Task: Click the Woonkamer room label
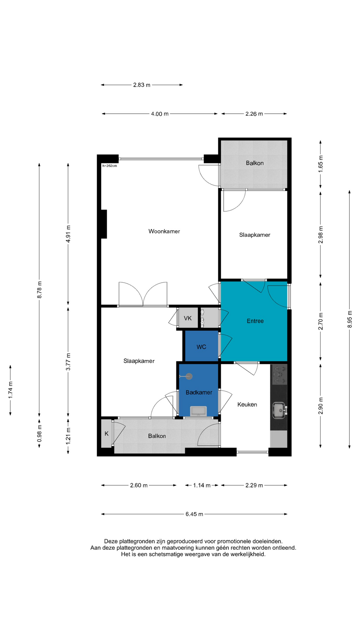(x=164, y=231)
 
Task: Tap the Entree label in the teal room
(x=255, y=321)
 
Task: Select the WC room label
(x=201, y=347)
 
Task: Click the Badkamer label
(x=199, y=392)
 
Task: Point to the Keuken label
(x=247, y=404)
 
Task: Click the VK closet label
(x=188, y=318)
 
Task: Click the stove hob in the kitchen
(x=280, y=375)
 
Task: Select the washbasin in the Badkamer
(x=198, y=411)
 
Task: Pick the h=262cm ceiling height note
(x=110, y=166)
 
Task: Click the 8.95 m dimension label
(x=350, y=319)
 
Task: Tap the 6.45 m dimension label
(x=194, y=514)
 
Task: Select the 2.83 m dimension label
(x=142, y=85)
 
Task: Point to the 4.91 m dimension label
(x=68, y=234)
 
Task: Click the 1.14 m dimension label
(x=202, y=485)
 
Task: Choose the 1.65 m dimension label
(x=321, y=164)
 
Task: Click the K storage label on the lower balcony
(x=106, y=434)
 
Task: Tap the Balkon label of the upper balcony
(x=255, y=163)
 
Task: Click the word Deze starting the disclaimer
(x=111, y=541)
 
